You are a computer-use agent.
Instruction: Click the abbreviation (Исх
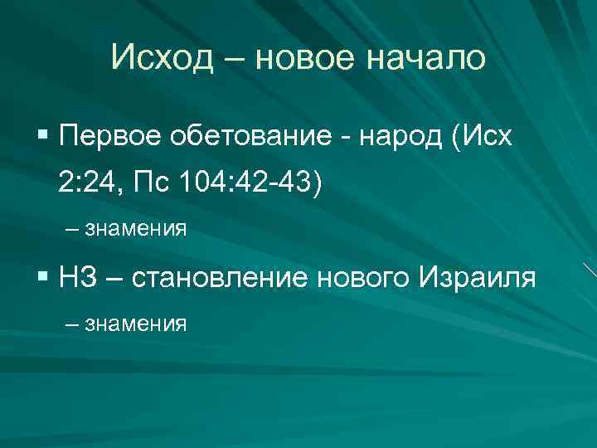(x=482, y=136)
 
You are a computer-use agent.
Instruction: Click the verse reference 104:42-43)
(x=252, y=182)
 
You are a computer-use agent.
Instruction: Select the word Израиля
(x=476, y=276)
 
